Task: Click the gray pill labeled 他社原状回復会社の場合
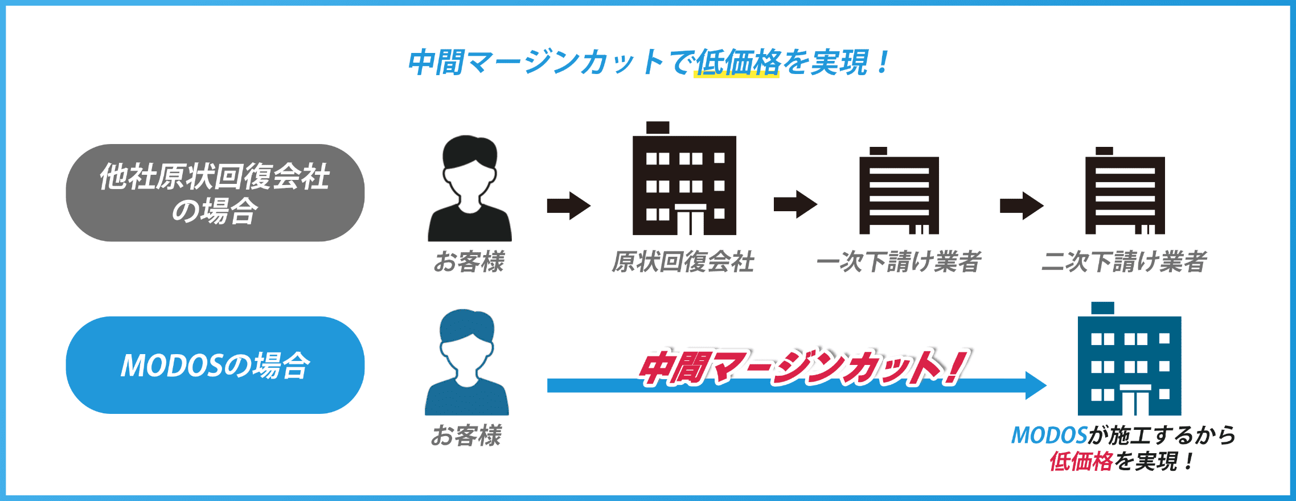(x=215, y=192)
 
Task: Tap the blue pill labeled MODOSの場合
(x=215, y=365)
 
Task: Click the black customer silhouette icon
(x=470, y=189)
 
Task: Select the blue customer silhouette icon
(x=467, y=363)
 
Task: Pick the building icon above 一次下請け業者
(x=899, y=192)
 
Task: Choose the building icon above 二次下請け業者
(x=1125, y=192)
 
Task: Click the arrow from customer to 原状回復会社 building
(x=568, y=206)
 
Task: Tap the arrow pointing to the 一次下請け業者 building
(x=795, y=204)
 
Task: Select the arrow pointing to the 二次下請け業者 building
(x=1022, y=206)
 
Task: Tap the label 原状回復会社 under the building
(x=683, y=262)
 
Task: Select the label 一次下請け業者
(x=899, y=262)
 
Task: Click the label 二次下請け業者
(x=1124, y=262)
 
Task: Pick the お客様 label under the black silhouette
(x=469, y=262)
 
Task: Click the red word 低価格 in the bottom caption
(x=1081, y=461)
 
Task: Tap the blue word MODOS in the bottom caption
(x=1049, y=436)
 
